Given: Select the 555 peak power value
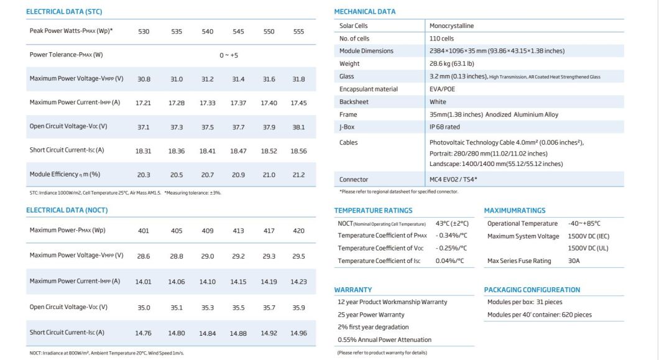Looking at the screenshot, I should [299, 31].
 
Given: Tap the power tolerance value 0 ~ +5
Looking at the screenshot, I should [228, 55].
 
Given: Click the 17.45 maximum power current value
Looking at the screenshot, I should [299, 103].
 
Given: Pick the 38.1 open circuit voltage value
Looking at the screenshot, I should [299, 127].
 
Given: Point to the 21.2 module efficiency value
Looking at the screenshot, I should [299, 175].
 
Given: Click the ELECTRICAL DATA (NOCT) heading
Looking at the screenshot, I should [67, 210].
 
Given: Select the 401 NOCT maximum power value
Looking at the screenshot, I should [144, 231].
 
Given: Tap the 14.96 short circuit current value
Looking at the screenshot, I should [299, 333].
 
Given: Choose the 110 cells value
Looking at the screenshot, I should [441, 39].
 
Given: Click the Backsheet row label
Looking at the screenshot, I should [354, 101].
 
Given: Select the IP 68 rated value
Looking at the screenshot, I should [445, 127].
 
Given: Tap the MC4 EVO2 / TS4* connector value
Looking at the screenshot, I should [453, 179].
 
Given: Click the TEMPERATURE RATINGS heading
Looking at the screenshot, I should [373, 210].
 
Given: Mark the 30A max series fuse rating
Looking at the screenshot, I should [574, 261].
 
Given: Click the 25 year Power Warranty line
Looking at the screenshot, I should [371, 315].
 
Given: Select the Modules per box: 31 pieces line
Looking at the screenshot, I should [525, 302].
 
